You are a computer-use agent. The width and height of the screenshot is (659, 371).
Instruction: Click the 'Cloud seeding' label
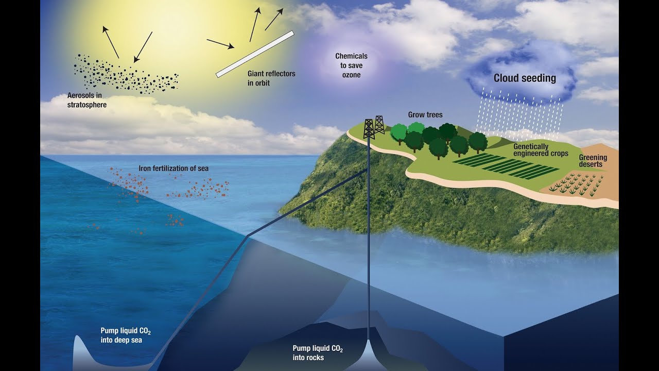coord(525,78)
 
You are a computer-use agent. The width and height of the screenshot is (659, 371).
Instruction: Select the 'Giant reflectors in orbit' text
coord(271,78)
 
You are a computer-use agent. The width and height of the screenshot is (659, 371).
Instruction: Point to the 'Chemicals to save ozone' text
coord(351,65)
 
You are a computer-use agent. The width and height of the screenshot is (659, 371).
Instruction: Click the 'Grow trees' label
coord(425,114)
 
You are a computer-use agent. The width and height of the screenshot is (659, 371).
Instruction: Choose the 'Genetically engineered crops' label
coord(541,150)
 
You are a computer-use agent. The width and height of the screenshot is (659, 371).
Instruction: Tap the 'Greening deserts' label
coord(593,161)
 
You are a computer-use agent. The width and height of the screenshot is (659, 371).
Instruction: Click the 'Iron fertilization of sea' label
coord(174,168)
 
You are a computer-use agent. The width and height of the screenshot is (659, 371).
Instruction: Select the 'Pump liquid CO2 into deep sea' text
coord(126,335)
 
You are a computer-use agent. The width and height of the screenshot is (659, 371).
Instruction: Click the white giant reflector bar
coord(255,54)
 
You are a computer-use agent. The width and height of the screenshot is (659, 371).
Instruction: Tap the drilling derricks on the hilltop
coord(373,127)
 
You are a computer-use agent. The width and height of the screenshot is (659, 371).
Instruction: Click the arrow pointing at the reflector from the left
coord(220,44)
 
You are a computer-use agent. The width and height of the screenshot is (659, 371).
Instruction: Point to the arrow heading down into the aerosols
coord(143,47)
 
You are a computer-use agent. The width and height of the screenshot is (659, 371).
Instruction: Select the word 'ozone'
coord(351,75)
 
